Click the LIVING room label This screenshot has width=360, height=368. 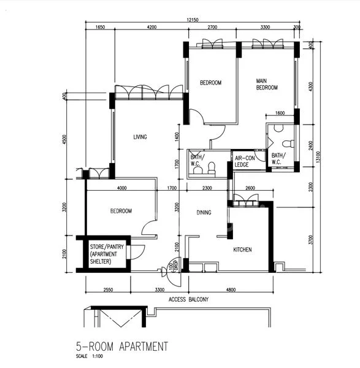pos(140,137)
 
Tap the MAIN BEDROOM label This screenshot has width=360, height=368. pos(267,84)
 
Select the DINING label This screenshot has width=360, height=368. pos(204,212)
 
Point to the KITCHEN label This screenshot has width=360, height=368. pos(242,249)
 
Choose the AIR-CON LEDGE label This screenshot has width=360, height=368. pos(245,161)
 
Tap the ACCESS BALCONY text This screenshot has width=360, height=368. pos(188,299)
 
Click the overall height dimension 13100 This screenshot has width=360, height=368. pos(318,158)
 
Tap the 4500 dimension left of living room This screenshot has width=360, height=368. pos(64,140)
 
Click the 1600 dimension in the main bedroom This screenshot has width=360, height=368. pos(280,113)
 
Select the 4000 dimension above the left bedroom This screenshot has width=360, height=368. pos(121,188)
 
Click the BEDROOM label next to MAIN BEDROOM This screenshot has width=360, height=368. pos(210,82)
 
